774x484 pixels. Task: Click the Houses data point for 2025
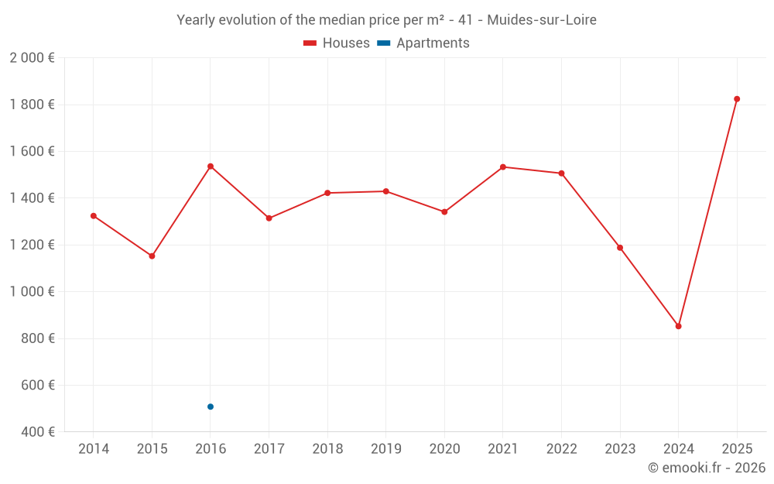click(737, 99)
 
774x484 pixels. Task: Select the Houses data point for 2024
click(678, 326)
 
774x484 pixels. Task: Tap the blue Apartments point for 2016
click(211, 407)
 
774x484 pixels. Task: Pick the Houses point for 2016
click(211, 166)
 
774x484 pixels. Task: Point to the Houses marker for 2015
click(152, 256)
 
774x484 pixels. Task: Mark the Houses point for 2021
click(503, 167)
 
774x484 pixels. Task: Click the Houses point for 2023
click(620, 248)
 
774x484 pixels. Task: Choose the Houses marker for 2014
click(94, 216)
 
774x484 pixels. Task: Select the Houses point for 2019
click(386, 191)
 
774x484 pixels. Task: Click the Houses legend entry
click(337, 43)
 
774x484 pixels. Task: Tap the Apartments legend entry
click(423, 43)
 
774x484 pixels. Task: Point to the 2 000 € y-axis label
click(32, 58)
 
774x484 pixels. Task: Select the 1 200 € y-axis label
click(32, 245)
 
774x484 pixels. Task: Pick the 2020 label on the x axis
click(444, 449)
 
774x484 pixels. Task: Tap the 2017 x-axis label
click(269, 449)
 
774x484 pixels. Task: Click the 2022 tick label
click(561, 449)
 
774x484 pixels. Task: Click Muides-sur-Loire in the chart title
click(542, 20)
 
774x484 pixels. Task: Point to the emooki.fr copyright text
click(707, 468)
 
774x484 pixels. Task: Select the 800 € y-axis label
click(36, 338)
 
